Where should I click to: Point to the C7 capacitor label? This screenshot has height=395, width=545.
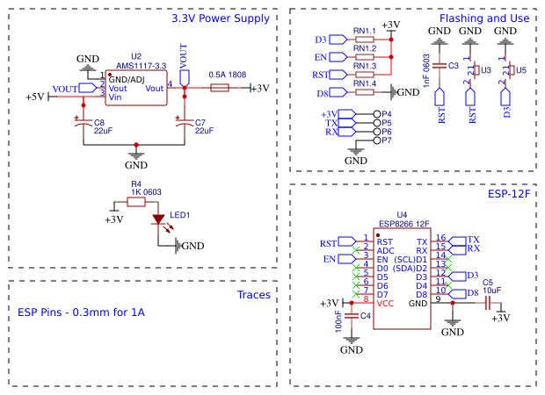coord(200,123)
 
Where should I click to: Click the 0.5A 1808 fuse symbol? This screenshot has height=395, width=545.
coord(220,89)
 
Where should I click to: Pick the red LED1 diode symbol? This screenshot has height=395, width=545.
coord(159,219)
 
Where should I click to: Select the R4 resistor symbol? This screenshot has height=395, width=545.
coord(136,202)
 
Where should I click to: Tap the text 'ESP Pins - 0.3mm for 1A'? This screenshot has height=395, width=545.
coord(81,312)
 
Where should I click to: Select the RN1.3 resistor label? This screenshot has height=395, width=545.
coord(365,66)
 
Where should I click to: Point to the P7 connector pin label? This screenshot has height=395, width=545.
coord(387,140)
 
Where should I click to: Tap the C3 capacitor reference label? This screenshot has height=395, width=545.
coord(453,66)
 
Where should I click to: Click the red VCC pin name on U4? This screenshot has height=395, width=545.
coord(385,303)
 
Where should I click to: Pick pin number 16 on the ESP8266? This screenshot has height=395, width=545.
coord(441,238)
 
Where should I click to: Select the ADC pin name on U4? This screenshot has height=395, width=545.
coord(385,250)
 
